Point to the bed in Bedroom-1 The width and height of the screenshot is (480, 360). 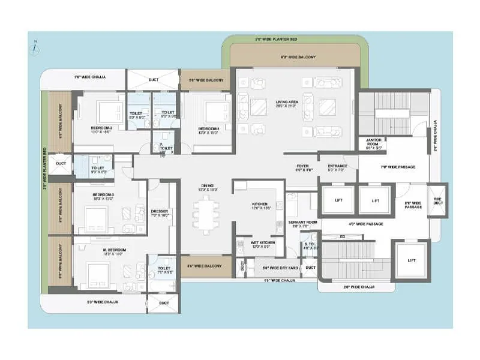pyautogui.click(x=215, y=112)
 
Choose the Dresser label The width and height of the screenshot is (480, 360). pyautogui.click(x=160, y=211)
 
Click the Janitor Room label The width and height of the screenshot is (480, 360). pyautogui.click(x=372, y=143)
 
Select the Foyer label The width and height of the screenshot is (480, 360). pyautogui.click(x=303, y=167)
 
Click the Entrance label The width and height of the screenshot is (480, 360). pyautogui.click(x=338, y=167)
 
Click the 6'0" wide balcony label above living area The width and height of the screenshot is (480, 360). pyautogui.click(x=298, y=58)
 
